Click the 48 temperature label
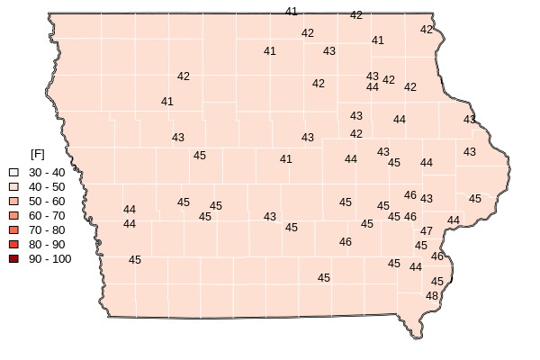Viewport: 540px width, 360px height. [432, 296]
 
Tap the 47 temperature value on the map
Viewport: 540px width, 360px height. [427, 231]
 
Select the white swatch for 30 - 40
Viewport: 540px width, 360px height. [13, 172]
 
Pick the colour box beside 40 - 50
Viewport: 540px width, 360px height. [13, 186]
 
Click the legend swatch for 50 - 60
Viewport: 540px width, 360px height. [13, 201]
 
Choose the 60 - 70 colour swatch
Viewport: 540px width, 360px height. [13, 216]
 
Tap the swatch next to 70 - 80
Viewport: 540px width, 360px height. [13, 230]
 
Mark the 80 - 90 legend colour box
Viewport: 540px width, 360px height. [13, 245]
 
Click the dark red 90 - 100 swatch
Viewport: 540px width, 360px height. [13, 259]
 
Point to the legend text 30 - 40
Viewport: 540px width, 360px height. [47, 172]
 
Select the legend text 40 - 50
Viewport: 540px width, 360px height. [47, 186]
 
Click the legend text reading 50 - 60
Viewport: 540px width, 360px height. [47, 201]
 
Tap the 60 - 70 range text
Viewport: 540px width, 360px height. [47, 216]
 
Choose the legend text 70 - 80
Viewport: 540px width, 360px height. [47, 230]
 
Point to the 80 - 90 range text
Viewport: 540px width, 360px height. [47, 245]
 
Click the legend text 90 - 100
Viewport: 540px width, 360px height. [49, 259]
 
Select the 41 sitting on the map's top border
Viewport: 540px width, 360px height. [292, 12]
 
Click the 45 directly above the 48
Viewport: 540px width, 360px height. [437, 282]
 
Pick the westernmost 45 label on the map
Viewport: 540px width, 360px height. [135, 260]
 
